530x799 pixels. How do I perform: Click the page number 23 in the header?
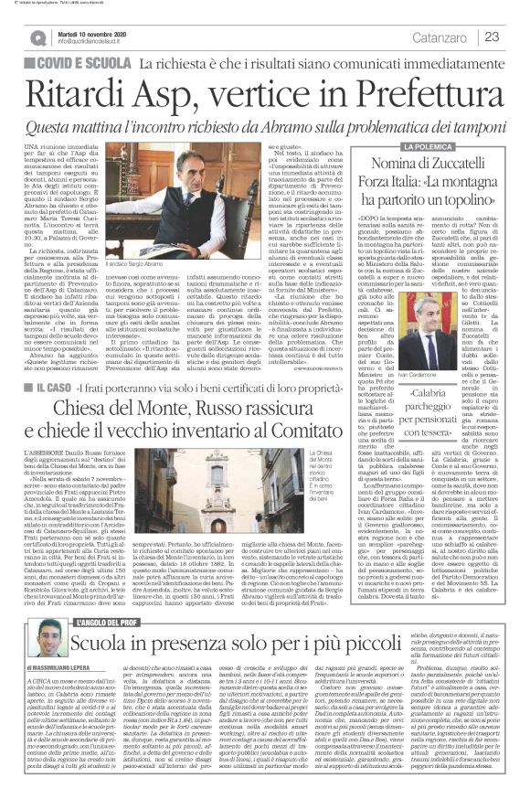tap(492, 37)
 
